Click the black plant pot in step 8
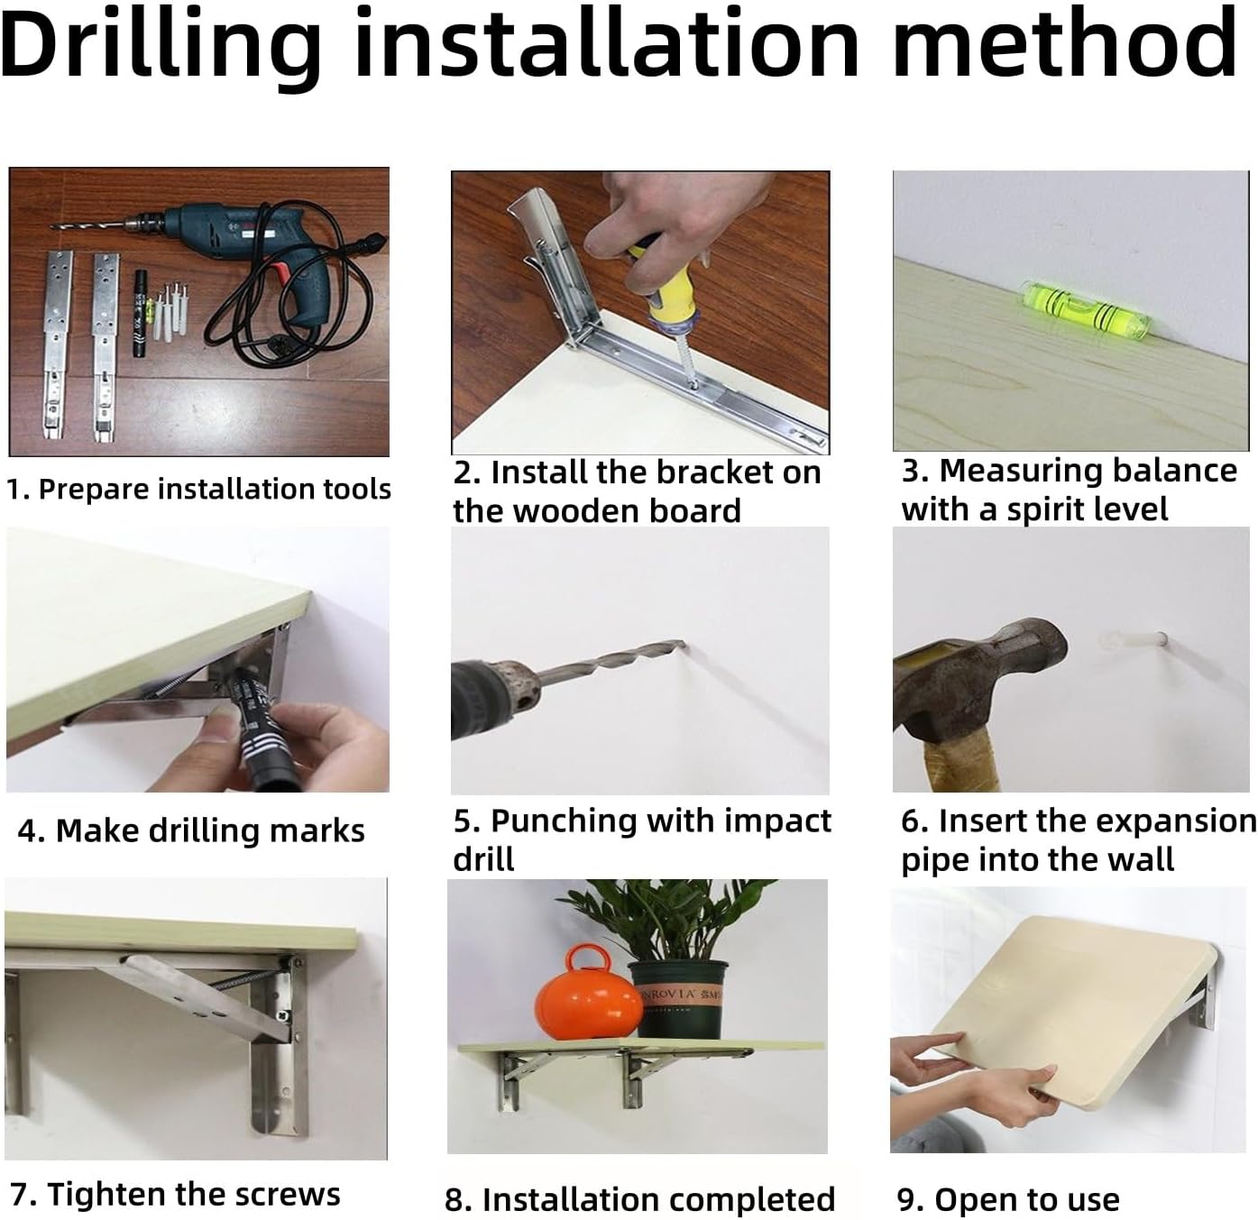[678, 999]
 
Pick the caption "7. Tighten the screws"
[175, 1194]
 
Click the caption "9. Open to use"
[1008, 1199]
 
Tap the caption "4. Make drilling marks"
[191, 830]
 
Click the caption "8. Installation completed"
[640, 1199]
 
